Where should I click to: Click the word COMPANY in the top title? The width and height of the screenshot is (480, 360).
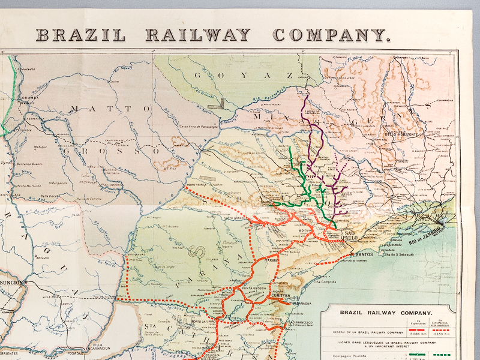click(x=340, y=34)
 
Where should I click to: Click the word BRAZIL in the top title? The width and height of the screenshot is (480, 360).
click(x=81, y=34)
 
